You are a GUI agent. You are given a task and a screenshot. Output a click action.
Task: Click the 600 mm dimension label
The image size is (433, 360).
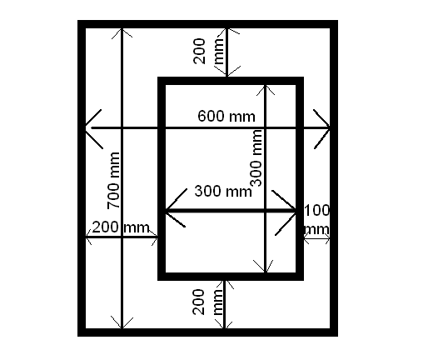(226, 116)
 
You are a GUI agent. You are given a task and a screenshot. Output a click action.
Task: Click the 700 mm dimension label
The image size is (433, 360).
(113, 181)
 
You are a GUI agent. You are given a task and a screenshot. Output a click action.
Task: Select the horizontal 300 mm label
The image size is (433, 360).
(223, 191)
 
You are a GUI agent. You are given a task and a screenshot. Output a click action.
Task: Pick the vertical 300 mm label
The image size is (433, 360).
(256, 157)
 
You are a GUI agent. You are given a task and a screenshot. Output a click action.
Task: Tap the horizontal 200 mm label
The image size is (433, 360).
(121, 227)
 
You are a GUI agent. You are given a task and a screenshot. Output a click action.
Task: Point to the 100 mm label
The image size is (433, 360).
(317, 219)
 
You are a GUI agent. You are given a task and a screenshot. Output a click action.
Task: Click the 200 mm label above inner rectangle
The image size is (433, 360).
(208, 51)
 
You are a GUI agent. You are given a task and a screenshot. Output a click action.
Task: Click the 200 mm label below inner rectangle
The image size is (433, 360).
(207, 302)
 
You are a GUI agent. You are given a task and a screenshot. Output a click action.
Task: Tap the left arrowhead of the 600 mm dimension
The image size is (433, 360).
(94, 128)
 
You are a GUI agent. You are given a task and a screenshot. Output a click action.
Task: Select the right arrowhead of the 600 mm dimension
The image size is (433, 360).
(322, 128)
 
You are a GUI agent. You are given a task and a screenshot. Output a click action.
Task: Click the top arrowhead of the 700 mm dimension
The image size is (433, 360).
(122, 33)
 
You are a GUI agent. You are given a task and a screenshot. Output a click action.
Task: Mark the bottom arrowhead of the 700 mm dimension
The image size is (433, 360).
(122, 322)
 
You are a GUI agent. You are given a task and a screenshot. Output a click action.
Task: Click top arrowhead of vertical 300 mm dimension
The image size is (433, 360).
(266, 90)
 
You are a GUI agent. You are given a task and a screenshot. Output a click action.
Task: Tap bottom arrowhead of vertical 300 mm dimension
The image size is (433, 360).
(266, 267)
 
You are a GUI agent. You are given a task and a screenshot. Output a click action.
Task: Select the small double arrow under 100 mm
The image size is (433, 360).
(317, 238)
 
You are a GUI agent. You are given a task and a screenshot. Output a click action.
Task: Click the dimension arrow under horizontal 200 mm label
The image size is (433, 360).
(122, 237)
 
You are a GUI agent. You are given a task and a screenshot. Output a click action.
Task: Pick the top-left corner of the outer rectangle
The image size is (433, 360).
(77, 20)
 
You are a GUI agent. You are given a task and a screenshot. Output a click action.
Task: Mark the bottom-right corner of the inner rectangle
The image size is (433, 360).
(303, 280)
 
